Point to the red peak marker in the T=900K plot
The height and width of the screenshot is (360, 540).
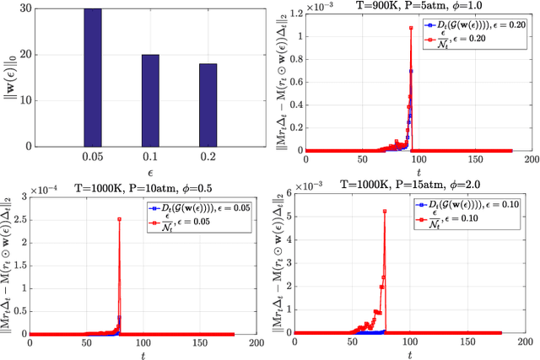pos(411,28)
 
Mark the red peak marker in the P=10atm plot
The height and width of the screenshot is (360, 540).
pos(120,219)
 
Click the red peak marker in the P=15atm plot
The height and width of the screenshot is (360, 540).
pos(386,212)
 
